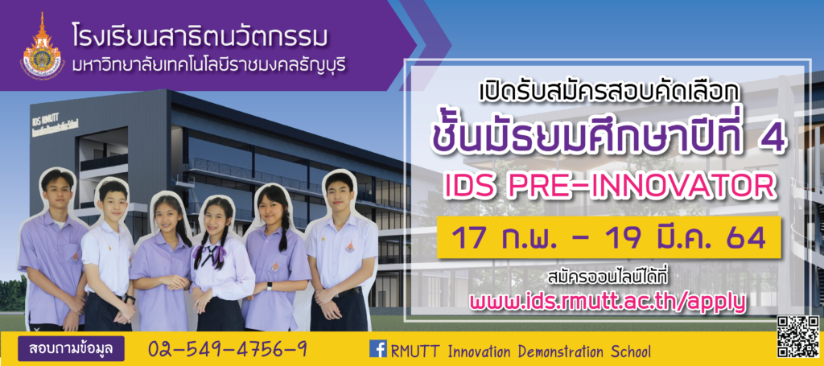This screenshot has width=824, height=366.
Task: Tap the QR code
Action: coord(798,337)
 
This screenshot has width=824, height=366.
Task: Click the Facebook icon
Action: coord(378,348)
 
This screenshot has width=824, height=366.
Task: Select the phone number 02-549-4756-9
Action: coord(228,349)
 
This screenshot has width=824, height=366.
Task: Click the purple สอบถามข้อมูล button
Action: coord(71,348)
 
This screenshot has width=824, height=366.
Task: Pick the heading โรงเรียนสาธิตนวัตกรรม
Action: coord(200,37)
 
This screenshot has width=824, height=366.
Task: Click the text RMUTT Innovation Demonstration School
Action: coord(521,351)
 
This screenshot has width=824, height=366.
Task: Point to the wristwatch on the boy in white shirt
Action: coord(130,300)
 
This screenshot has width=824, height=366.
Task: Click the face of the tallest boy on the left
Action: coord(57,191)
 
